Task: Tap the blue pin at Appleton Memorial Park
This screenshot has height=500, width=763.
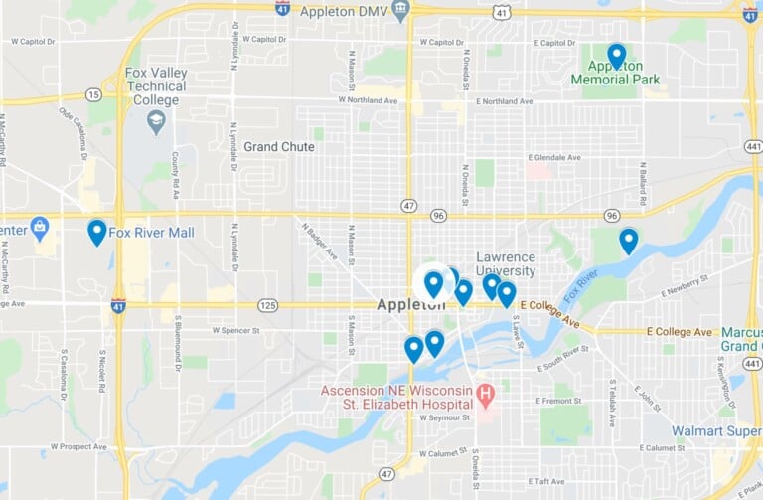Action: (616, 56)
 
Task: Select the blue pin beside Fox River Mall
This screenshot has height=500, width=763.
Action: (96, 232)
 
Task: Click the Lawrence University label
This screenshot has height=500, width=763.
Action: (506, 263)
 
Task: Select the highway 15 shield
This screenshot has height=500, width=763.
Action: (93, 94)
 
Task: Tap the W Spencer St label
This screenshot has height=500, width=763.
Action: (235, 328)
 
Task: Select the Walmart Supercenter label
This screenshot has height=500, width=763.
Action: (715, 431)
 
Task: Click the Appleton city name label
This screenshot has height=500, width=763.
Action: (410, 305)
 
